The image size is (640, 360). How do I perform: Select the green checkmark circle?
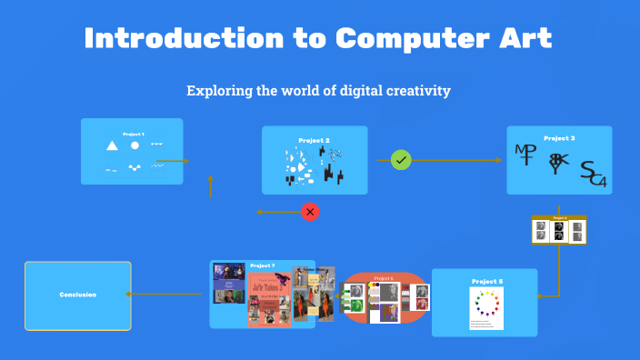[x=401, y=160]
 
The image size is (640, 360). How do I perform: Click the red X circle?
[x=310, y=212]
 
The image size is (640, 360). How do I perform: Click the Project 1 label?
[x=134, y=134]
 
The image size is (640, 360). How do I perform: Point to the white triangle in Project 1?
[x=112, y=145]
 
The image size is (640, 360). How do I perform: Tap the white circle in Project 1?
[x=135, y=145]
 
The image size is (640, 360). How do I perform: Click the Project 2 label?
[x=314, y=140]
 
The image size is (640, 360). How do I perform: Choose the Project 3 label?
[x=559, y=138]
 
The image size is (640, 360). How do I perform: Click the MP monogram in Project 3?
[x=525, y=154]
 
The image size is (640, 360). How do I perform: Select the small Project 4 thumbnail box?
[x=559, y=230]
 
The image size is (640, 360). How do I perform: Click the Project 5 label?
[x=486, y=282]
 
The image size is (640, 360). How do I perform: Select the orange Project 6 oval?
[x=384, y=297]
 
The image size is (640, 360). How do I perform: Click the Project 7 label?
[x=263, y=265]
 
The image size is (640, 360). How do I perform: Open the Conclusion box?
[x=77, y=295]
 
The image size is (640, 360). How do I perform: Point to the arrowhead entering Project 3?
[x=498, y=160]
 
